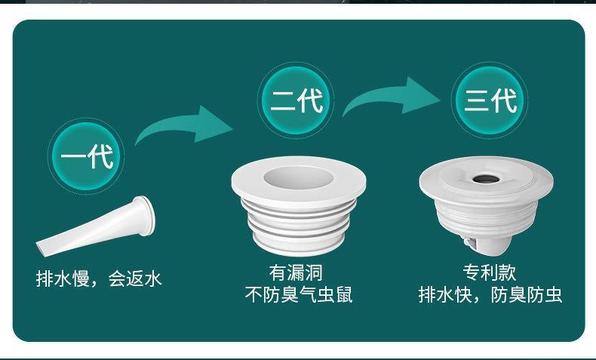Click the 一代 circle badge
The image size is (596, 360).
[86, 157]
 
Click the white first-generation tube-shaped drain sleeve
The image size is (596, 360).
[98, 226]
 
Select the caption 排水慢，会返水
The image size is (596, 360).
[100, 279]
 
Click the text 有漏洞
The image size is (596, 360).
[300, 272]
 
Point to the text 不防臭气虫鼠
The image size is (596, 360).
[300, 294]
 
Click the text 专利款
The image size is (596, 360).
[490, 272]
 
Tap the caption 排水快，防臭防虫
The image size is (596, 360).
[490, 294]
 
